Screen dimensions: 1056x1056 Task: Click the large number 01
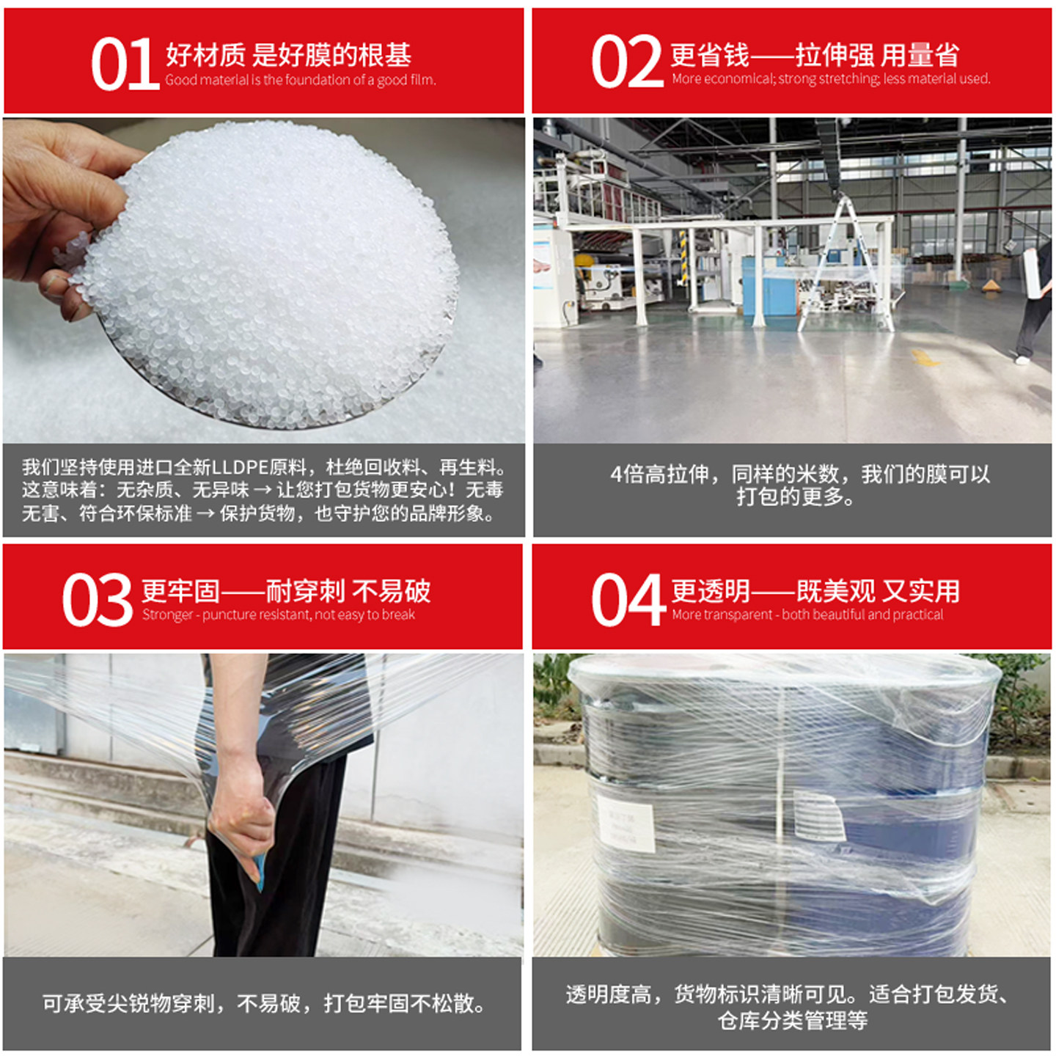coord(124,65)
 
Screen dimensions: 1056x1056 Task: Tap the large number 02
coord(627,62)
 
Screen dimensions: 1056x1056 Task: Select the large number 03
coord(97,601)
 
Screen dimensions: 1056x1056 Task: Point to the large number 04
coord(627,601)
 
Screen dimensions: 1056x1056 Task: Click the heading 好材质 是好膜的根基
coord(288,54)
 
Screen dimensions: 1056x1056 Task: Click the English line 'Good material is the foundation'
coord(300,80)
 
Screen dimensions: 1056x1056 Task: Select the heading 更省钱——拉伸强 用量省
coord(814,54)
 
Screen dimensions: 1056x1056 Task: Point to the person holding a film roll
coord(1036,301)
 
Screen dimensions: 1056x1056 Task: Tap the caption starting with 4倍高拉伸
coord(799,485)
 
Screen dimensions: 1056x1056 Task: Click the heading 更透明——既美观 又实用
coord(814,590)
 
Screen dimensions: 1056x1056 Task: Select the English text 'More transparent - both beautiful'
coord(807,615)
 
